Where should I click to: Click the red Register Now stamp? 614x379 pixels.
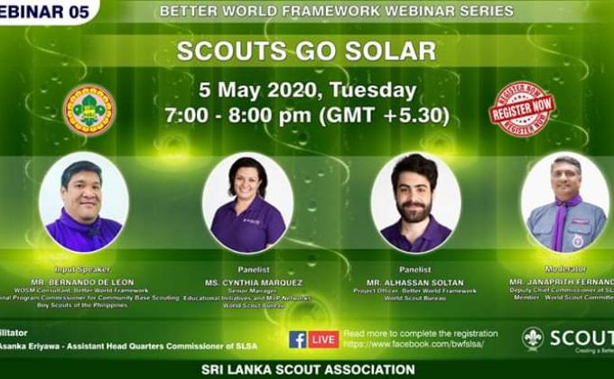pos(522,109)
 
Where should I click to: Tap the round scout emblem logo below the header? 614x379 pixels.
pos(88,110)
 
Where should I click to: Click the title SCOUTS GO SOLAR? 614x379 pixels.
pos(306,51)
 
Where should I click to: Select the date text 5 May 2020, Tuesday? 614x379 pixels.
pos(307,90)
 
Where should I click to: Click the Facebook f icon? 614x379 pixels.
pos(298,339)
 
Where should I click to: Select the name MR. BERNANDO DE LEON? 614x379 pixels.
pos(84,282)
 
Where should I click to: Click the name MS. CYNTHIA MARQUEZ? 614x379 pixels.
pos(247,282)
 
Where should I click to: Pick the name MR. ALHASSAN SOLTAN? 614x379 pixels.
pos(415,282)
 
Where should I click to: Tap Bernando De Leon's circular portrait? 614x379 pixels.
pos(84,203)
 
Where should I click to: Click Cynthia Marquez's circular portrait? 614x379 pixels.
pos(247,203)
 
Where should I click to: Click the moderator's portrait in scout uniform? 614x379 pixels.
pos(565,203)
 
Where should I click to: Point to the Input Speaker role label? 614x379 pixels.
pos(83,269)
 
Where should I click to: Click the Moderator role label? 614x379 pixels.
pos(565,269)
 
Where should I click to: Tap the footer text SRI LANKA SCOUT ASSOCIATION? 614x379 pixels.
pos(308,370)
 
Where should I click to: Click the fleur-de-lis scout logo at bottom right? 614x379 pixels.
pos(533,338)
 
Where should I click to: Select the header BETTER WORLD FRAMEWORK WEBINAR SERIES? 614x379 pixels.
pos(336,12)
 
